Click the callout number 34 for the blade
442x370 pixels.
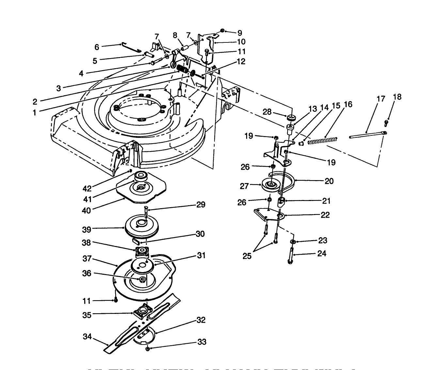pyautogui.click(x=87, y=336)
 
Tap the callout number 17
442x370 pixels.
pyautogui.click(x=381, y=99)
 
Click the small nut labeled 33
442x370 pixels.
pyautogui.click(x=148, y=349)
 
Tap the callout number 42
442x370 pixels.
pyautogui.click(x=87, y=189)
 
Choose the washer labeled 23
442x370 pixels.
pyautogui.click(x=293, y=241)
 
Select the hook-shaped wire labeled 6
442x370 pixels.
pyautogui.click(x=131, y=48)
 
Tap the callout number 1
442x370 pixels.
pyautogui.click(x=35, y=113)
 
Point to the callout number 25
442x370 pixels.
pyautogui.click(x=247, y=256)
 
